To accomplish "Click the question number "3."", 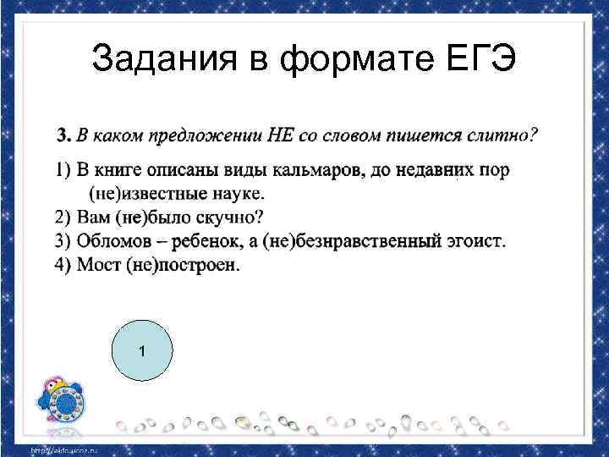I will pyautogui.click(x=64, y=135).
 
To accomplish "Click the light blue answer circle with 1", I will pyautogui.click(x=142, y=351).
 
